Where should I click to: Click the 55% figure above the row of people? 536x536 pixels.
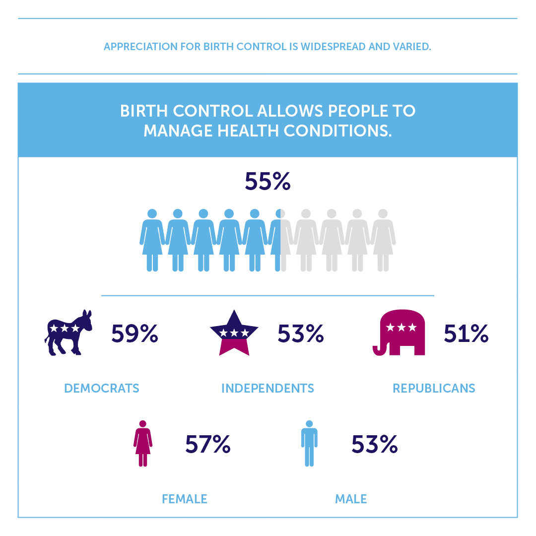[x=268, y=182]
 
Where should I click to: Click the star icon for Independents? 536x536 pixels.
[x=234, y=334]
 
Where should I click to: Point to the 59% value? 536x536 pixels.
[x=134, y=334]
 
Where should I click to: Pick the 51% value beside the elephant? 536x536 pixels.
[x=466, y=334]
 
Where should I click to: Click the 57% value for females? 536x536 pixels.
[x=208, y=444]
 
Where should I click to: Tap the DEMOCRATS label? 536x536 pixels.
[x=102, y=388]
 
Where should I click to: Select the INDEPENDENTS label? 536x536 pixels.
[x=268, y=388]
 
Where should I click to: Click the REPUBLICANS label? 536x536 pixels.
[x=434, y=388]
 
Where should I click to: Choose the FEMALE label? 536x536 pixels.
[x=185, y=499]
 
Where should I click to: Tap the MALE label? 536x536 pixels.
[x=351, y=499]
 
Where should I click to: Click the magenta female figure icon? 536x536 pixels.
[x=143, y=443]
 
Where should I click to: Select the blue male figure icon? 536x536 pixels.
[x=309, y=443]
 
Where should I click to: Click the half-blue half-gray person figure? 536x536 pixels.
[x=280, y=240]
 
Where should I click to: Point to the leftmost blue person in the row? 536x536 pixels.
[x=152, y=240]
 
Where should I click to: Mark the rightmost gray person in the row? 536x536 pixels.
[x=383, y=240]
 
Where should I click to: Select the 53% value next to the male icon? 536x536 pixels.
[x=375, y=444]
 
